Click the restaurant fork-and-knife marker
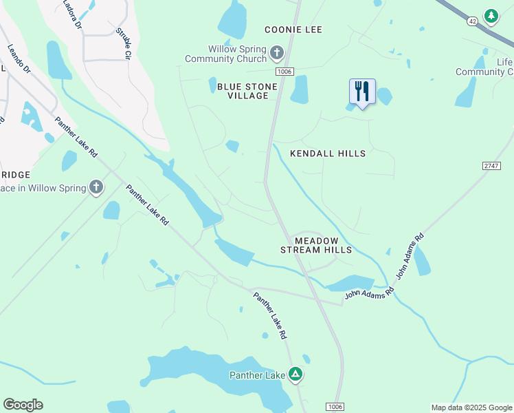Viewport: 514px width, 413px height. coord(362,92)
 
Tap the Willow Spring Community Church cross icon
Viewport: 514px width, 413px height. coord(276,53)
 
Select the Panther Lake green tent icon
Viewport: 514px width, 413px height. coord(295,374)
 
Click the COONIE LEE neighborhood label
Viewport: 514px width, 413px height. coord(293,30)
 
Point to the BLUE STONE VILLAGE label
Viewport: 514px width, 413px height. coord(247,91)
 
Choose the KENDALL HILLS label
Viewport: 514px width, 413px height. coord(328,153)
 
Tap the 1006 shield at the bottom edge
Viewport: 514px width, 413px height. coord(335,407)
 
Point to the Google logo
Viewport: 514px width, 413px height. coord(23,405)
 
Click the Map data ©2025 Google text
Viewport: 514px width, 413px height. coord(471,407)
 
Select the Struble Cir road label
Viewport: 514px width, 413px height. coord(124,43)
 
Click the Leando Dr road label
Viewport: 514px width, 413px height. coord(19,59)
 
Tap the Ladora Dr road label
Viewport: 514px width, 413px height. coord(71,14)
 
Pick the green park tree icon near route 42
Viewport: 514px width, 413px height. coord(491,15)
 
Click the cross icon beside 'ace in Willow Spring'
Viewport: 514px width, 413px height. coord(96,187)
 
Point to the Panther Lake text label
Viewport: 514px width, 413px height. coord(257,375)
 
